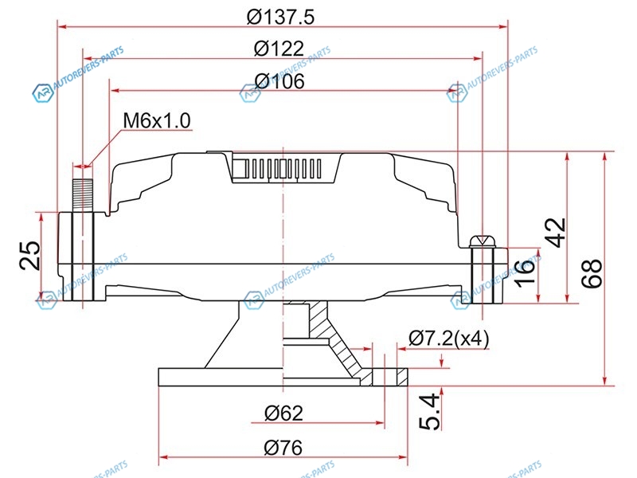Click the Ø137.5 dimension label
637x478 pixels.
[x=280, y=17]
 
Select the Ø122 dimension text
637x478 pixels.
[x=279, y=49]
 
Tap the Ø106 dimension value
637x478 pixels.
[x=279, y=81]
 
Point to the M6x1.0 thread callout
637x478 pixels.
[x=157, y=121]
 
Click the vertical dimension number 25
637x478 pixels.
[x=30, y=255]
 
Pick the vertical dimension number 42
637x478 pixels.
[x=554, y=233]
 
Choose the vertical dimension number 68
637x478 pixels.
[x=591, y=273]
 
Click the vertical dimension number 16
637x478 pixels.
[x=525, y=272]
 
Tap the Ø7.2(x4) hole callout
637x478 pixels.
[x=449, y=338]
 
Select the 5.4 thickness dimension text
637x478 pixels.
[x=430, y=411]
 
